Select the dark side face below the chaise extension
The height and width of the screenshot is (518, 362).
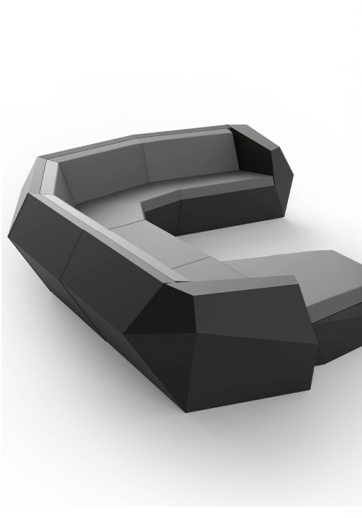point(338,335)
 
